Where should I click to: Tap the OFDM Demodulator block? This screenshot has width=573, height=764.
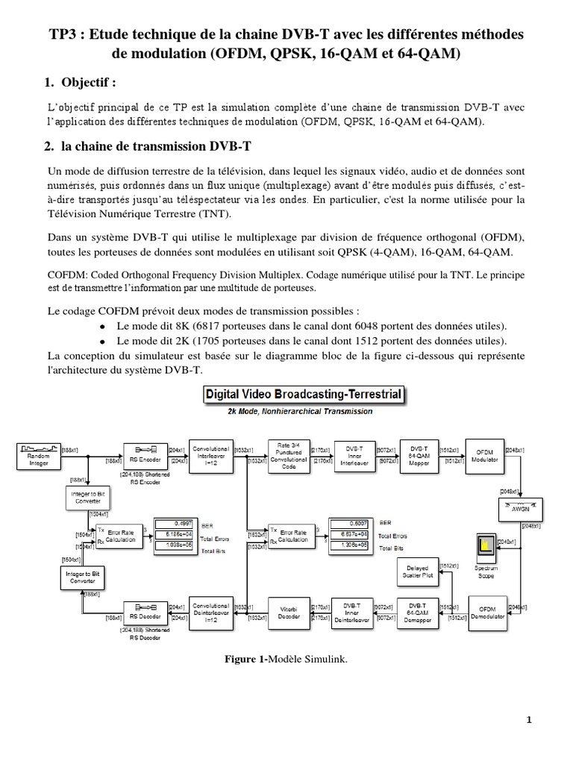pyautogui.click(x=487, y=613)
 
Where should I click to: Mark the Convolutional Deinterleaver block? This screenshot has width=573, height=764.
pyautogui.click(x=211, y=611)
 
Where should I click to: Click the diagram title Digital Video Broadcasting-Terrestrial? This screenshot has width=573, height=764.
pyautogui.click(x=304, y=394)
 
